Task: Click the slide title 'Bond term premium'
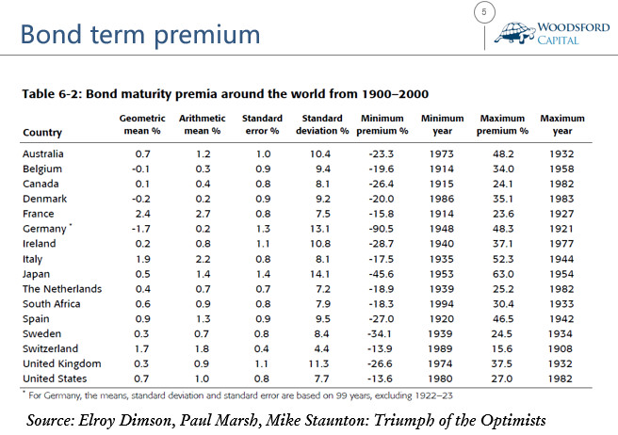(140, 35)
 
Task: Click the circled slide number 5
(484, 12)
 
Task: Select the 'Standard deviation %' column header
(322, 124)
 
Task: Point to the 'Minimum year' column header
(442, 124)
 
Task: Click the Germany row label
(44, 229)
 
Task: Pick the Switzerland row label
(51, 348)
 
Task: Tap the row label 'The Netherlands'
(62, 289)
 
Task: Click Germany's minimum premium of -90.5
(382, 229)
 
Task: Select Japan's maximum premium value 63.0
(502, 274)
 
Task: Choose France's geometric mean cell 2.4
(142, 214)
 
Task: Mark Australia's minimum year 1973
(442, 154)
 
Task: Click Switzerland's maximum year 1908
(560, 348)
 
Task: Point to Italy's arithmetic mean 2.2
(203, 259)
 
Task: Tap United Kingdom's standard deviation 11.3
(318, 363)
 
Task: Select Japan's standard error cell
(263, 274)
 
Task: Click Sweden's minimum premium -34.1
(379, 333)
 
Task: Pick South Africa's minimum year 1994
(442, 304)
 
